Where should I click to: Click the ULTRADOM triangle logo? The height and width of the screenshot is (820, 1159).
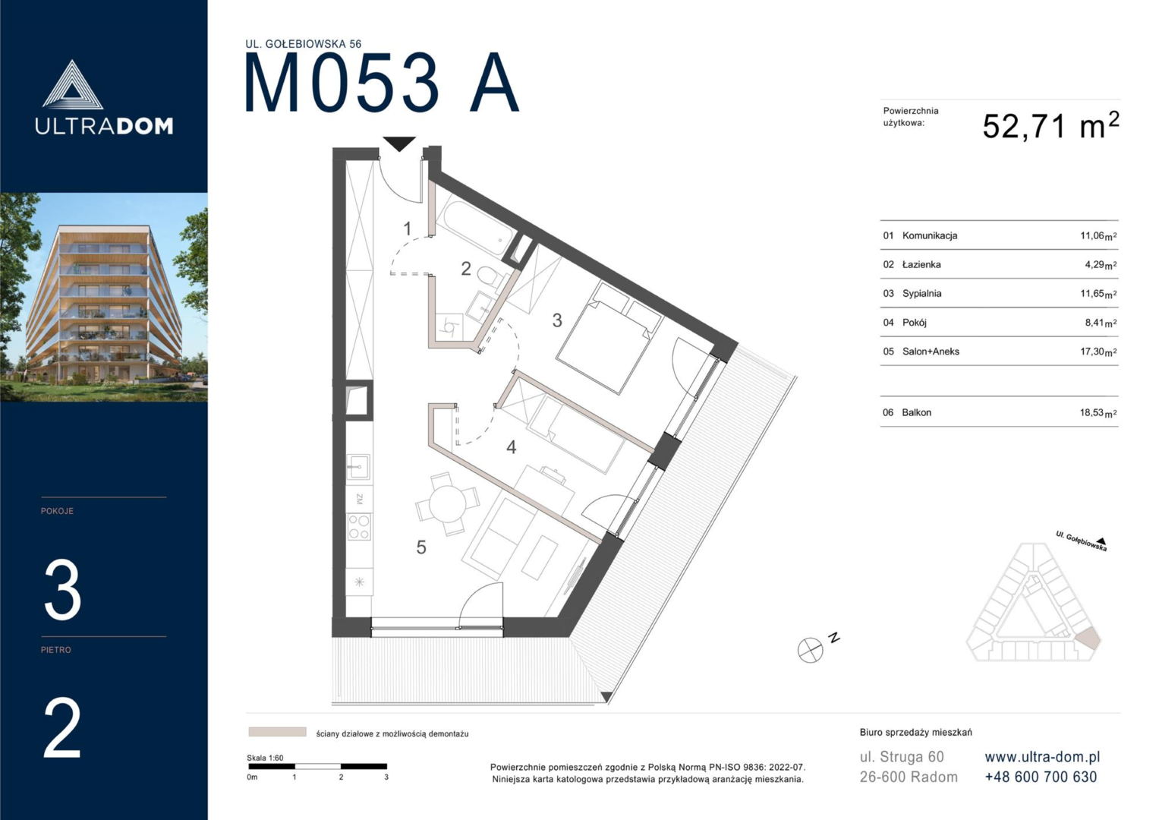pyautogui.click(x=72, y=85)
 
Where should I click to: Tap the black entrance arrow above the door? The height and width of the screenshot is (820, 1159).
pyautogui.click(x=399, y=143)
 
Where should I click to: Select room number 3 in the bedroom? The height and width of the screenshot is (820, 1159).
pyautogui.click(x=557, y=320)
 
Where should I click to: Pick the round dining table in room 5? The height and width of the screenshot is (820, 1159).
pyautogui.click(x=448, y=505)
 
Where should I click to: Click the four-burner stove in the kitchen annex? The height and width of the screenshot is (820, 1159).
pyautogui.click(x=359, y=526)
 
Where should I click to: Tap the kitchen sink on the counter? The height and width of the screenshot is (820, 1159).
pyautogui.click(x=358, y=466)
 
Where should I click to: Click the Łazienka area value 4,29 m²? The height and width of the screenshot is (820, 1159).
pyautogui.click(x=1101, y=265)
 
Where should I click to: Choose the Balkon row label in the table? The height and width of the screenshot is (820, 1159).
pyautogui.click(x=916, y=412)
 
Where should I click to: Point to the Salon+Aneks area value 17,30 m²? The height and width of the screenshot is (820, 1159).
pyautogui.click(x=1098, y=352)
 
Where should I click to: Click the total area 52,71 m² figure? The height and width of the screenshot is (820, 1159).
pyautogui.click(x=1050, y=126)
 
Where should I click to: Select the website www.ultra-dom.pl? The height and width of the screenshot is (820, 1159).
pyautogui.click(x=1042, y=757)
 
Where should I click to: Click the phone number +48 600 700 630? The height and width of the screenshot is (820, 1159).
pyautogui.click(x=1041, y=777)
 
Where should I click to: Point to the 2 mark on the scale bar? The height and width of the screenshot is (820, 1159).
pyautogui.click(x=341, y=777)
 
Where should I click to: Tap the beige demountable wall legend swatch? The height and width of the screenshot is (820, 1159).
pyautogui.click(x=277, y=732)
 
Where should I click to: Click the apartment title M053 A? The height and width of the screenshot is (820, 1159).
pyautogui.click(x=381, y=83)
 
